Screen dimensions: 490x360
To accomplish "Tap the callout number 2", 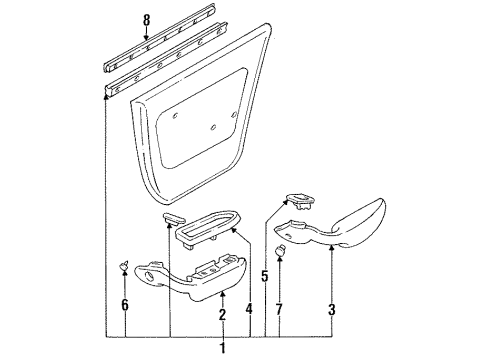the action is click(221, 316).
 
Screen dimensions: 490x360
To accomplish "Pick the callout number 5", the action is click(265, 275).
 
